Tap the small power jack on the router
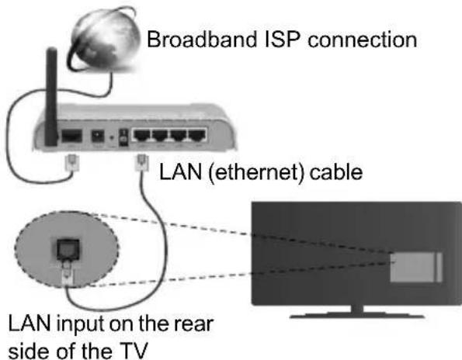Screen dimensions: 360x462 point(99,138)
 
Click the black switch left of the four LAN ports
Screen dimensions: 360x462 point(124,137)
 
